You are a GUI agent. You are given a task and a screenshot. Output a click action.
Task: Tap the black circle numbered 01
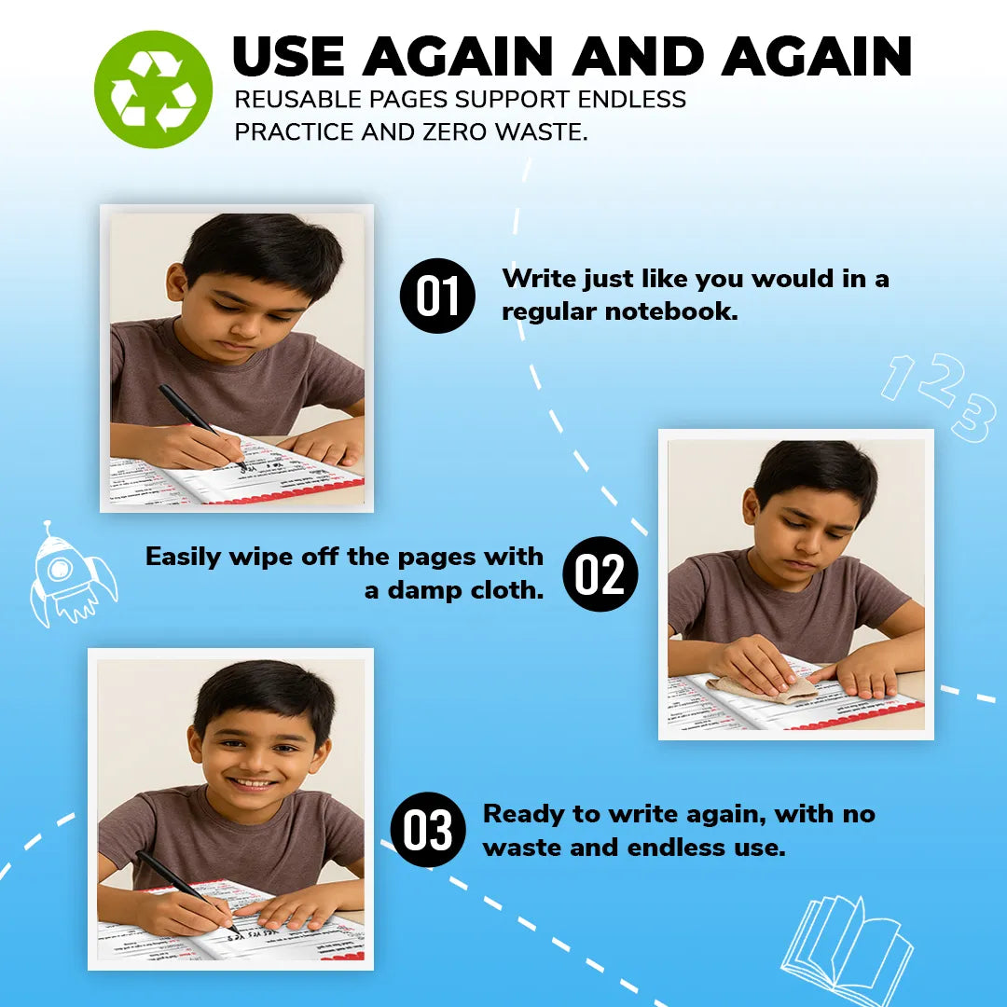coord(437,296)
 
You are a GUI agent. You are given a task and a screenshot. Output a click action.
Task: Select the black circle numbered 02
coord(600,573)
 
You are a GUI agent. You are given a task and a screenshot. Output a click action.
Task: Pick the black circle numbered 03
coord(428,830)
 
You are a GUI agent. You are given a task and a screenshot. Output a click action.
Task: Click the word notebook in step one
coord(671,311)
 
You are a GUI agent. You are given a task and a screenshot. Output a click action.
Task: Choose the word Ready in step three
coord(524,814)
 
